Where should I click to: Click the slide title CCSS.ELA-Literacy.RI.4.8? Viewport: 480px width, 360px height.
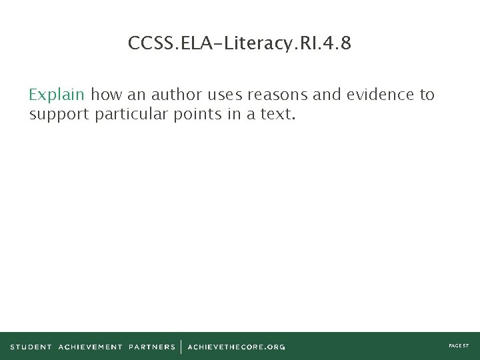click(240, 44)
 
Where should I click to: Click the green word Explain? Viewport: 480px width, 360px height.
click(57, 95)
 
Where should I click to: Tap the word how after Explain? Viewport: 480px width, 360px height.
click(107, 95)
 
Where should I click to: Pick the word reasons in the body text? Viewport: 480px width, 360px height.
click(277, 95)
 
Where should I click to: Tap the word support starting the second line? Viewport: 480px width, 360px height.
click(59, 115)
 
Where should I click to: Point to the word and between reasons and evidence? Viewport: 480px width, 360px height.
click(326, 95)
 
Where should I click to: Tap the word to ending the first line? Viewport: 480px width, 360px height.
click(427, 95)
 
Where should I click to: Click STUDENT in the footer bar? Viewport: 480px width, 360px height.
click(31, 347)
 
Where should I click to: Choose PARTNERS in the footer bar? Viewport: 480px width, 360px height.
click(152, 347)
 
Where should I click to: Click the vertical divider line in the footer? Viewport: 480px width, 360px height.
click(181, 347)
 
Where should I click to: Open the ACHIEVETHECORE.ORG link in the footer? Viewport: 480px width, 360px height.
click(236, 347)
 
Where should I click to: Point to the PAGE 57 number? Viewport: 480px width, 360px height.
click(459, 346)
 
